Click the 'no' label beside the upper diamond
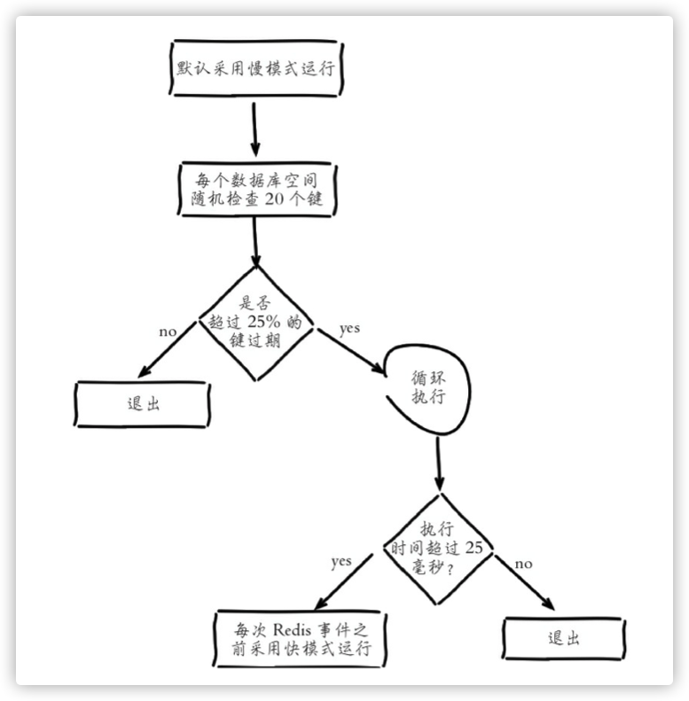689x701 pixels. tap(168, 331)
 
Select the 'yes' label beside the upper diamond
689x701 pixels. tap(349, 328)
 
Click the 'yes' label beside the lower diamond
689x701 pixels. tap(341, 561)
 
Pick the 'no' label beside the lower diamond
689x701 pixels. tap(524, 564)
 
